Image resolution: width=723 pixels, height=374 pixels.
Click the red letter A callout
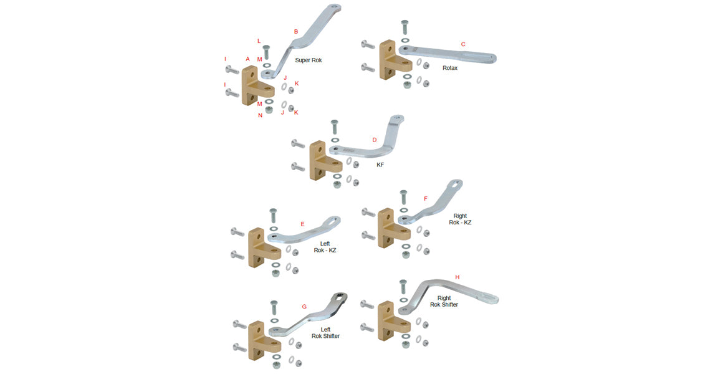point(247,59)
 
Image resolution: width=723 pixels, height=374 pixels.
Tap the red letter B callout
point(296,31)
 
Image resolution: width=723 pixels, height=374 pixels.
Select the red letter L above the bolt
point(259,41)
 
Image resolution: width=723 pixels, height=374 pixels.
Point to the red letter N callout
point(261,116)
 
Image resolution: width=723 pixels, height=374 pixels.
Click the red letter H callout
point(457,277)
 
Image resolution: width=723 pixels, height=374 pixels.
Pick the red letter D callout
point(375,140)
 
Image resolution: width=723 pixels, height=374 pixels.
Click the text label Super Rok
point(308,60)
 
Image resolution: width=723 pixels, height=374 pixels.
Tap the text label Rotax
point(450,68)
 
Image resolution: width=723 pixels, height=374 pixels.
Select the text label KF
point(380,165)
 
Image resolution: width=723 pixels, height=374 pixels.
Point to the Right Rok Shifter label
point(444,301)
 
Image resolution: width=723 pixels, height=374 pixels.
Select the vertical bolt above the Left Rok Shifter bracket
point(273,307)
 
